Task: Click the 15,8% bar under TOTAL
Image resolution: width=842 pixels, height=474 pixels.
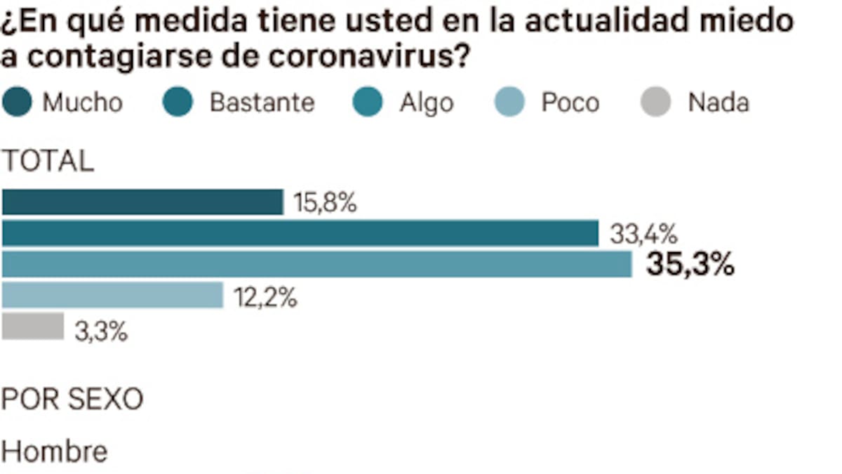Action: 142,202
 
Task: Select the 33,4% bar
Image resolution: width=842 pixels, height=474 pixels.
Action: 300,233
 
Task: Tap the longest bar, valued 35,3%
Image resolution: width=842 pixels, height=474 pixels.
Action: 317,264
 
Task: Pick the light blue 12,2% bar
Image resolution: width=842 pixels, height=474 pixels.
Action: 112,296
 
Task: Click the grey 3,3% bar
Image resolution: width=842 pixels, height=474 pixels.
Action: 33,327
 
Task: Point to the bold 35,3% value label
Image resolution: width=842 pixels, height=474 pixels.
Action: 690,265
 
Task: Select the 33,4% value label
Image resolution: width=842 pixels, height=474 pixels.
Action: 643,234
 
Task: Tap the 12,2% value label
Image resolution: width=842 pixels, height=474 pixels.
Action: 266,297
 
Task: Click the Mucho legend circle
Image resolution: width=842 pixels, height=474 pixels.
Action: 17,103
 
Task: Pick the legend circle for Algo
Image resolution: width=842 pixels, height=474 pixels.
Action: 368,103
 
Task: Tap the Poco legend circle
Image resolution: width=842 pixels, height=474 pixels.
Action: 509,103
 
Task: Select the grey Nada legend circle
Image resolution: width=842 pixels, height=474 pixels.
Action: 655,103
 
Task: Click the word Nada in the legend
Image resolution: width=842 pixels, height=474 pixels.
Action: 718,103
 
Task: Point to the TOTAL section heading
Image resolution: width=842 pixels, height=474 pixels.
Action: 48,162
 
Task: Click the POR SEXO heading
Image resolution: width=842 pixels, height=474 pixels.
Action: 72,400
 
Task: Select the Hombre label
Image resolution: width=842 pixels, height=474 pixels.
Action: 55,452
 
